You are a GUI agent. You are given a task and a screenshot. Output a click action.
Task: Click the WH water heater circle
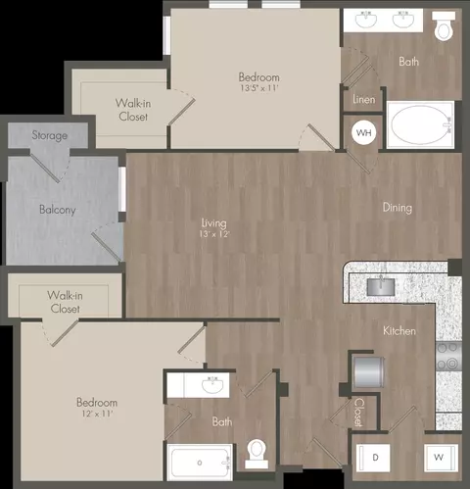363,132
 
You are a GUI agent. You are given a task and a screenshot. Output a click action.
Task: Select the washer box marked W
441,458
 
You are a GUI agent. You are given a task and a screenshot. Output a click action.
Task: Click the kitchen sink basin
381,286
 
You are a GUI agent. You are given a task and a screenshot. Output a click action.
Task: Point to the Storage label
50,135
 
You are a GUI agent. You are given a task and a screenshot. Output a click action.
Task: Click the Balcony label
58,210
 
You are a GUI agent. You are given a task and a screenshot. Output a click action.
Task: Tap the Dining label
398,208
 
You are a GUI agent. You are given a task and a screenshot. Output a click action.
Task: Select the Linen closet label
364,99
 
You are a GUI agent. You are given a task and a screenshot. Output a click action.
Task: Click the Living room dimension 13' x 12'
214,234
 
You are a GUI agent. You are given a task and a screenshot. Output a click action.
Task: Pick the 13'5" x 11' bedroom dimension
259,88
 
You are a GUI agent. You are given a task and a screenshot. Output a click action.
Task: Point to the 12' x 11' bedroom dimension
97,414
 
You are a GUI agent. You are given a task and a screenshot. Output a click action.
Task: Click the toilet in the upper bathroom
444,26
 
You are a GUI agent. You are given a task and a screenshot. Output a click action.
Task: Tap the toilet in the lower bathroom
257,454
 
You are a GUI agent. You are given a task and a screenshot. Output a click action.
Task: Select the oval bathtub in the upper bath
420,124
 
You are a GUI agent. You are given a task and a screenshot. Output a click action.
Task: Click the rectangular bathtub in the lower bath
200,462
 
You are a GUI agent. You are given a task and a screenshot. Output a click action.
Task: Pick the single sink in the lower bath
212,385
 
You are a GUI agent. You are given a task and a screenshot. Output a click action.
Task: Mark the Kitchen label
399,331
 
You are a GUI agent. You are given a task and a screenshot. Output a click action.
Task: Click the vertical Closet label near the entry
358,413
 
